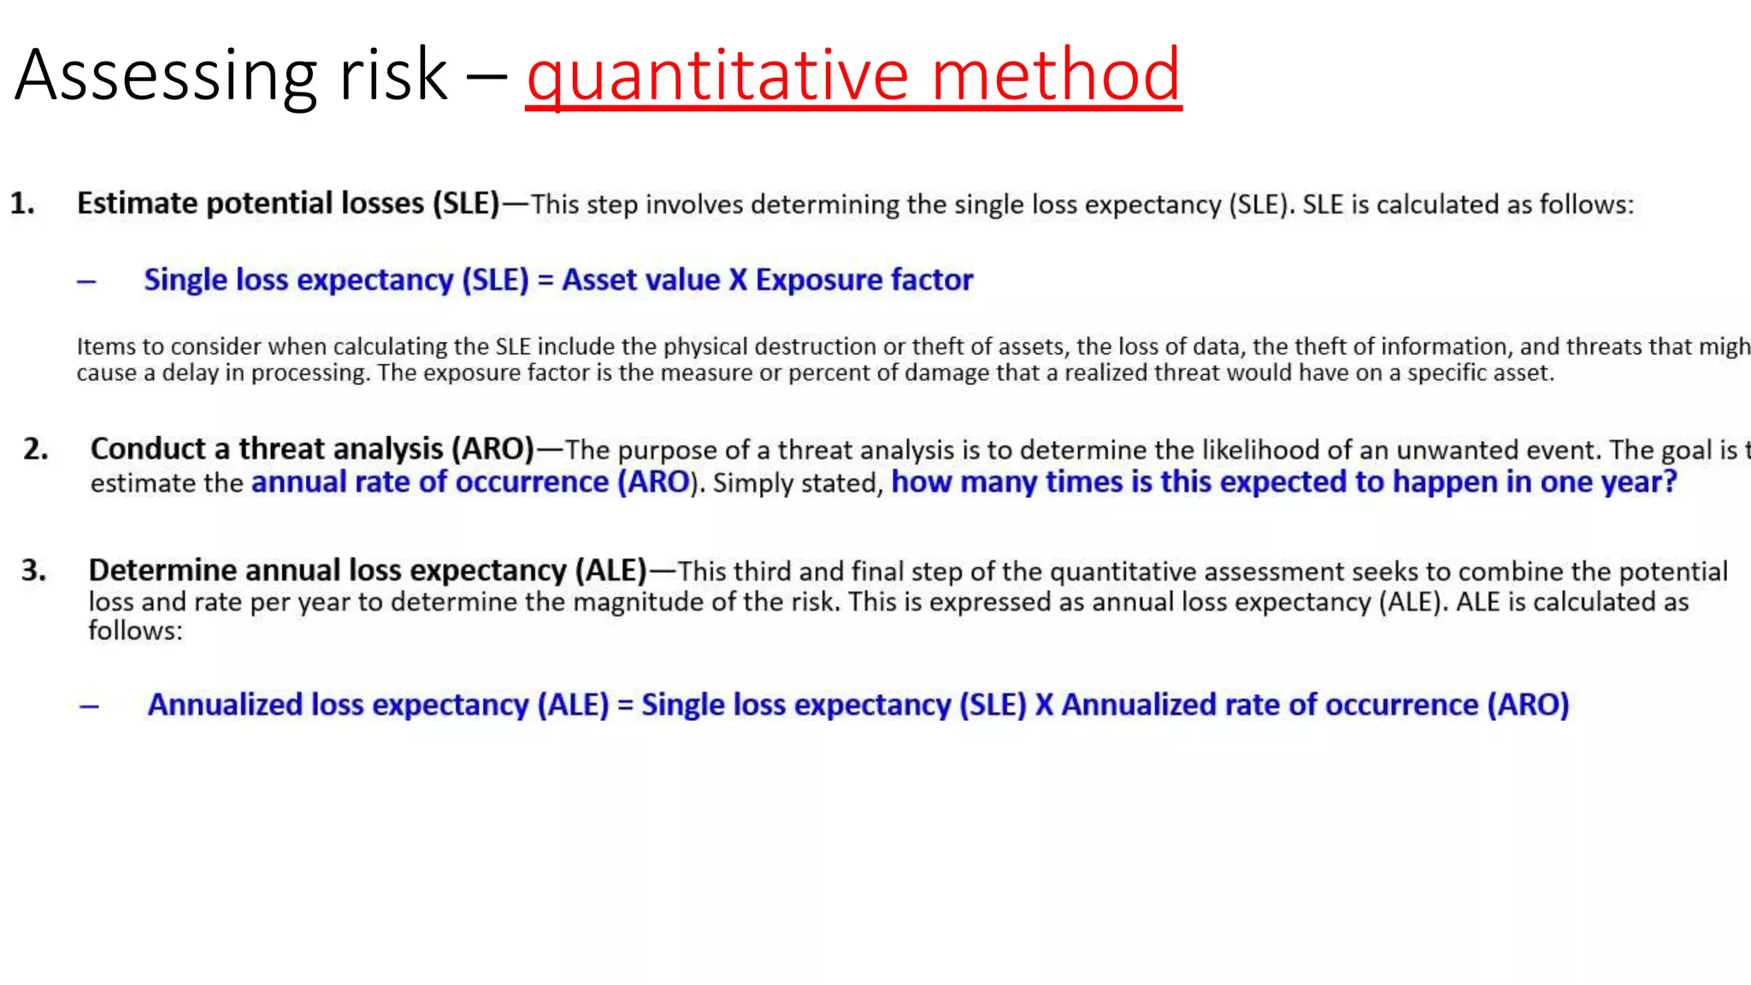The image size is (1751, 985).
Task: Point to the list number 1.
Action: pos(22,203)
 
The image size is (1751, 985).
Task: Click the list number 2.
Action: pos(36,449)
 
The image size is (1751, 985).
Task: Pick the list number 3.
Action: pos(34,570)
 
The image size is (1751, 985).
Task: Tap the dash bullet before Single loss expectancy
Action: pos(86,281)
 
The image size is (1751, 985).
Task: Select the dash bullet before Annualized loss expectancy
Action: pos(89,706)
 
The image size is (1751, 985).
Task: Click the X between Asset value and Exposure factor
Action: pos(738,280)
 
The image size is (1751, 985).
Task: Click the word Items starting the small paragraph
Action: pos(106,346)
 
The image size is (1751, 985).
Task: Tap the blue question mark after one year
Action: pos(1669,482)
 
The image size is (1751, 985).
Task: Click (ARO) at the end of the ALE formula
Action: pos(1528,705)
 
